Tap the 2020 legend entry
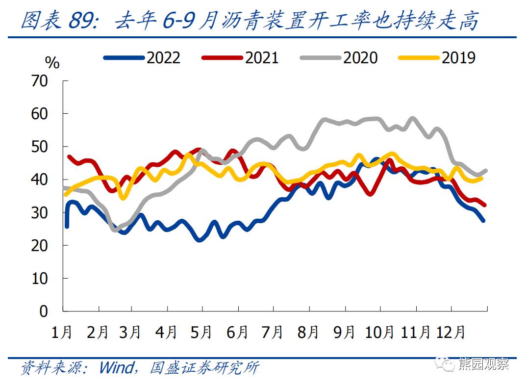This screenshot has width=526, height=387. click(x=360, y=58)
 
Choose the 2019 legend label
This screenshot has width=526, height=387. click(x=458, y=58)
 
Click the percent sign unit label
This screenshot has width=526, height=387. click(x=52, y=63)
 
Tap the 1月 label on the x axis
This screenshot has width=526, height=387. click(x=62, y=332)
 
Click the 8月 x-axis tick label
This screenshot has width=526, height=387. click(x=308, y=332)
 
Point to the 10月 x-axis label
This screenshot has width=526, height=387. click(x=379, y=332)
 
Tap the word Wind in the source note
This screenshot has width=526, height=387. click(x=116, y=367)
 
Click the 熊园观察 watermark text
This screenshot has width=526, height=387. click(x=483, y=364)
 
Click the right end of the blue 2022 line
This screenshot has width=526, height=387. click(x=483, y=221)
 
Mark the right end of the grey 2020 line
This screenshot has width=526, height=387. click(x=485, y=171)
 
